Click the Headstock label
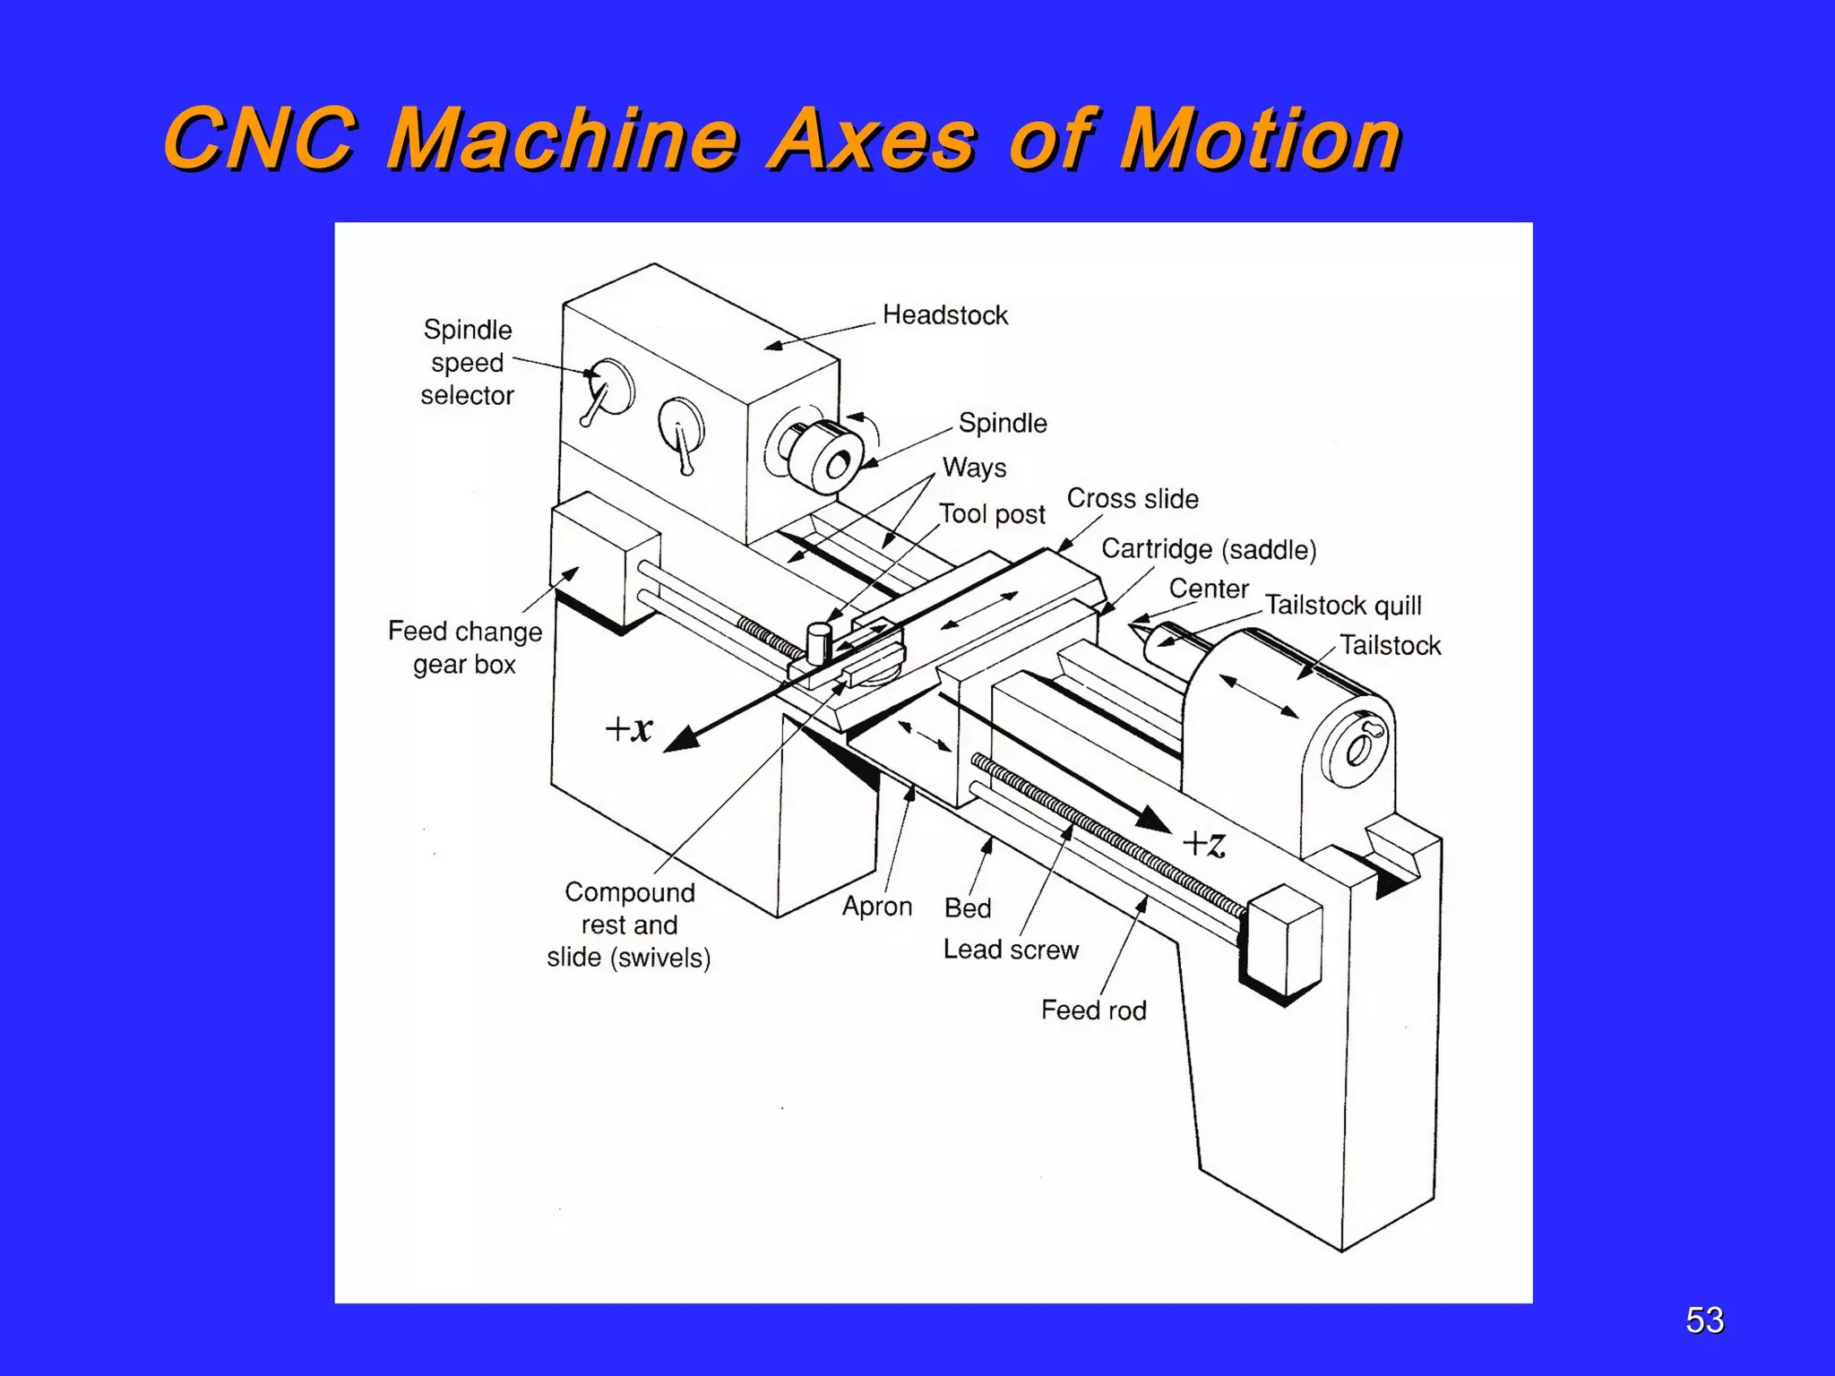[944, 314]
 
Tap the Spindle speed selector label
[467, 362]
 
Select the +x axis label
[629, 728]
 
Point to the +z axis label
[1203, 843]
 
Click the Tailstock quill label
[1342, 606]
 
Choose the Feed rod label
[1093, 1010]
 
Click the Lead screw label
[1010, 950]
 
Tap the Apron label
[876, 907]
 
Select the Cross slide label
[1132, 499]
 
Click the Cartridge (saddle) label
[1208, 549]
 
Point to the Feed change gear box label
[464, 648]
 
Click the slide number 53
[1704, 1320]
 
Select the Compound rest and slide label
[629, 924]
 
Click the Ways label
[974, 468]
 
